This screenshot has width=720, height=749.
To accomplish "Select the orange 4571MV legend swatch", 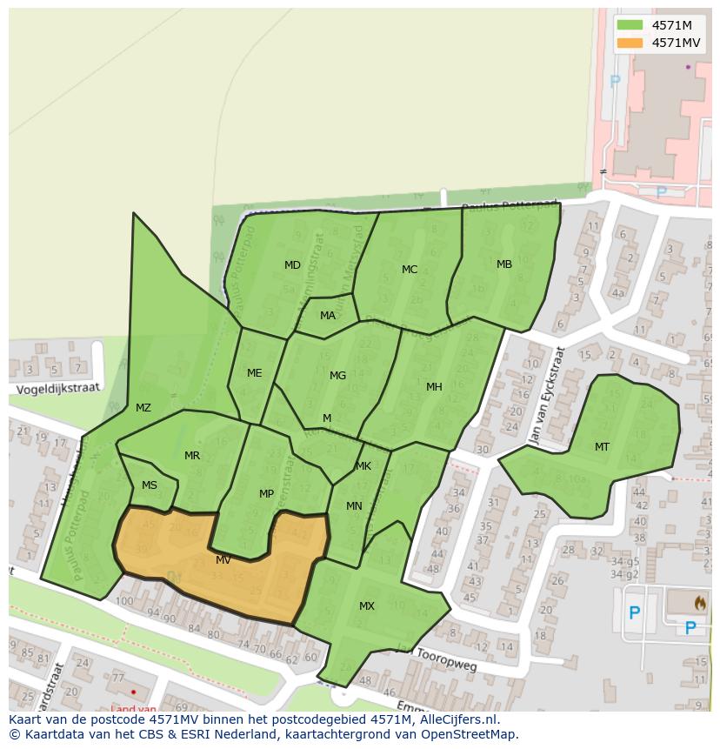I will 629,43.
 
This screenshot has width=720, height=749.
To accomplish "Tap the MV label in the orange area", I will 223,560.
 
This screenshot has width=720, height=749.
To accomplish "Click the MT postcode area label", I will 602,447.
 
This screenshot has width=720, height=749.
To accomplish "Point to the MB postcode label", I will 504,264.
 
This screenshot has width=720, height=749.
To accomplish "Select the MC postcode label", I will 410,270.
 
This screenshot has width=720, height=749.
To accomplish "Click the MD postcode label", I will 292,265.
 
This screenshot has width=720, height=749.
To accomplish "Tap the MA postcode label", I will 327,316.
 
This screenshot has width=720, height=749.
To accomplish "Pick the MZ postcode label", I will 143,408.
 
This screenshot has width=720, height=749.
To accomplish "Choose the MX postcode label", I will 367,606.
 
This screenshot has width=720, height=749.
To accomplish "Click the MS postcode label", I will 150,485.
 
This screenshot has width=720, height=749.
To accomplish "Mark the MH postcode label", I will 434,387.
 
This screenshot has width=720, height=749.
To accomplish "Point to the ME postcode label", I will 254,373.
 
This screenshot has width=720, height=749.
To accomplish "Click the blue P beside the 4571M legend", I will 617,81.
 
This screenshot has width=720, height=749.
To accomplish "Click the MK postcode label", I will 363,466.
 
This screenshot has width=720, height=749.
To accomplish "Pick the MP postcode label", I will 266,494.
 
